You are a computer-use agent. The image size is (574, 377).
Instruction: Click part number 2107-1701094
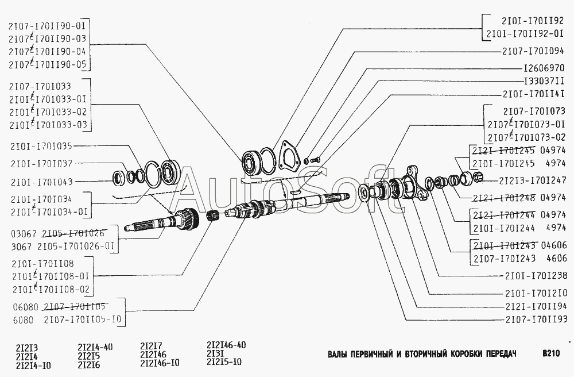tap(533, 51)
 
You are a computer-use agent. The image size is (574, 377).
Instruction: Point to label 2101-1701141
tap(533, 94)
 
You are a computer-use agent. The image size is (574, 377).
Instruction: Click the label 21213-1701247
tap(533, 180)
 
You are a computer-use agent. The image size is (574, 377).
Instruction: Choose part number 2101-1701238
tap(533, 275)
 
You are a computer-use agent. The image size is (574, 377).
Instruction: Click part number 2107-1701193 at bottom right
tap(533, 319)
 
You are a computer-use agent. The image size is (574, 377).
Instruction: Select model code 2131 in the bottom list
tap(218, 354)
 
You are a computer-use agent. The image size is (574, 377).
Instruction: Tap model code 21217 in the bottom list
tap(152, 346)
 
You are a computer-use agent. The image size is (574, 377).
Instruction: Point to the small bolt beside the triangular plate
tap(311, 159)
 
